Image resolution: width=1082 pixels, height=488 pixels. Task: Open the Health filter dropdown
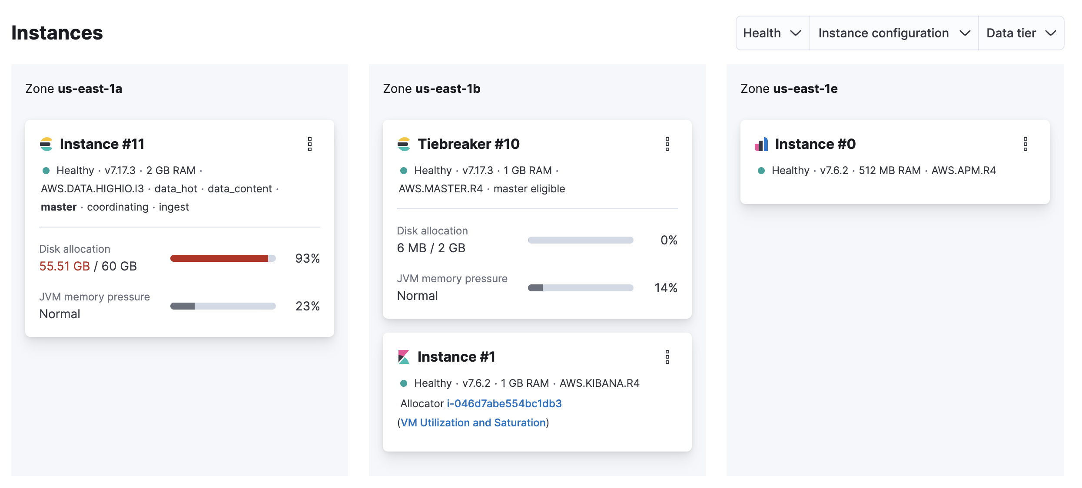(x=772, y=33)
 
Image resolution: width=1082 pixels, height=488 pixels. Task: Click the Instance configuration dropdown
(x=893, y=33)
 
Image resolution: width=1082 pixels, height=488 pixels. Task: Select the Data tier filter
(x=1020, y=33)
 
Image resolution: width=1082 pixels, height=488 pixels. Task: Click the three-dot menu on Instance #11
(x=310, y=144)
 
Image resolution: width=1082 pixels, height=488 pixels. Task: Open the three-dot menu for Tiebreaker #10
(x=667, y=144)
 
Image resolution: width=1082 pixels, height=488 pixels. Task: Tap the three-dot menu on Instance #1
(x=667, y=357)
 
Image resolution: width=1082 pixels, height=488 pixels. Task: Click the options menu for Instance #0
(x=1025, y=144)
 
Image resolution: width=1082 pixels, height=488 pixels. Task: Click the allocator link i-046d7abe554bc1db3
(x=504, y=403)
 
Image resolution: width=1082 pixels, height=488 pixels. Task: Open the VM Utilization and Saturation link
(x=473, y=422)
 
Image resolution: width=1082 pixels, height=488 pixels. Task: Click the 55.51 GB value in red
(x=65, y=266)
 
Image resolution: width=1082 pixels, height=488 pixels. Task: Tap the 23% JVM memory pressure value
(x=307, y=306)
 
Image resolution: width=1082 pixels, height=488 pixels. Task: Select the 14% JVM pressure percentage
(x=666, y=288)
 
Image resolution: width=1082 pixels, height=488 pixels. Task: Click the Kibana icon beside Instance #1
(x=404, y=357)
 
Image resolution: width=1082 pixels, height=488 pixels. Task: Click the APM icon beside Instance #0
(x=761, y=144)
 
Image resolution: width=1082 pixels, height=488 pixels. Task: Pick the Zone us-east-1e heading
(x=789, y=89)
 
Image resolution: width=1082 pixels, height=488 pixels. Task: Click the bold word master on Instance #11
(x=59, y=207)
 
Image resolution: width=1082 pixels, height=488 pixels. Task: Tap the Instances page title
(x=57, y=33)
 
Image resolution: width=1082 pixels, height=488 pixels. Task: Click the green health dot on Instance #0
(x=761, y=171)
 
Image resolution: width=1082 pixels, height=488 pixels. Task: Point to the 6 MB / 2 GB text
(x=431, y=248)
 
